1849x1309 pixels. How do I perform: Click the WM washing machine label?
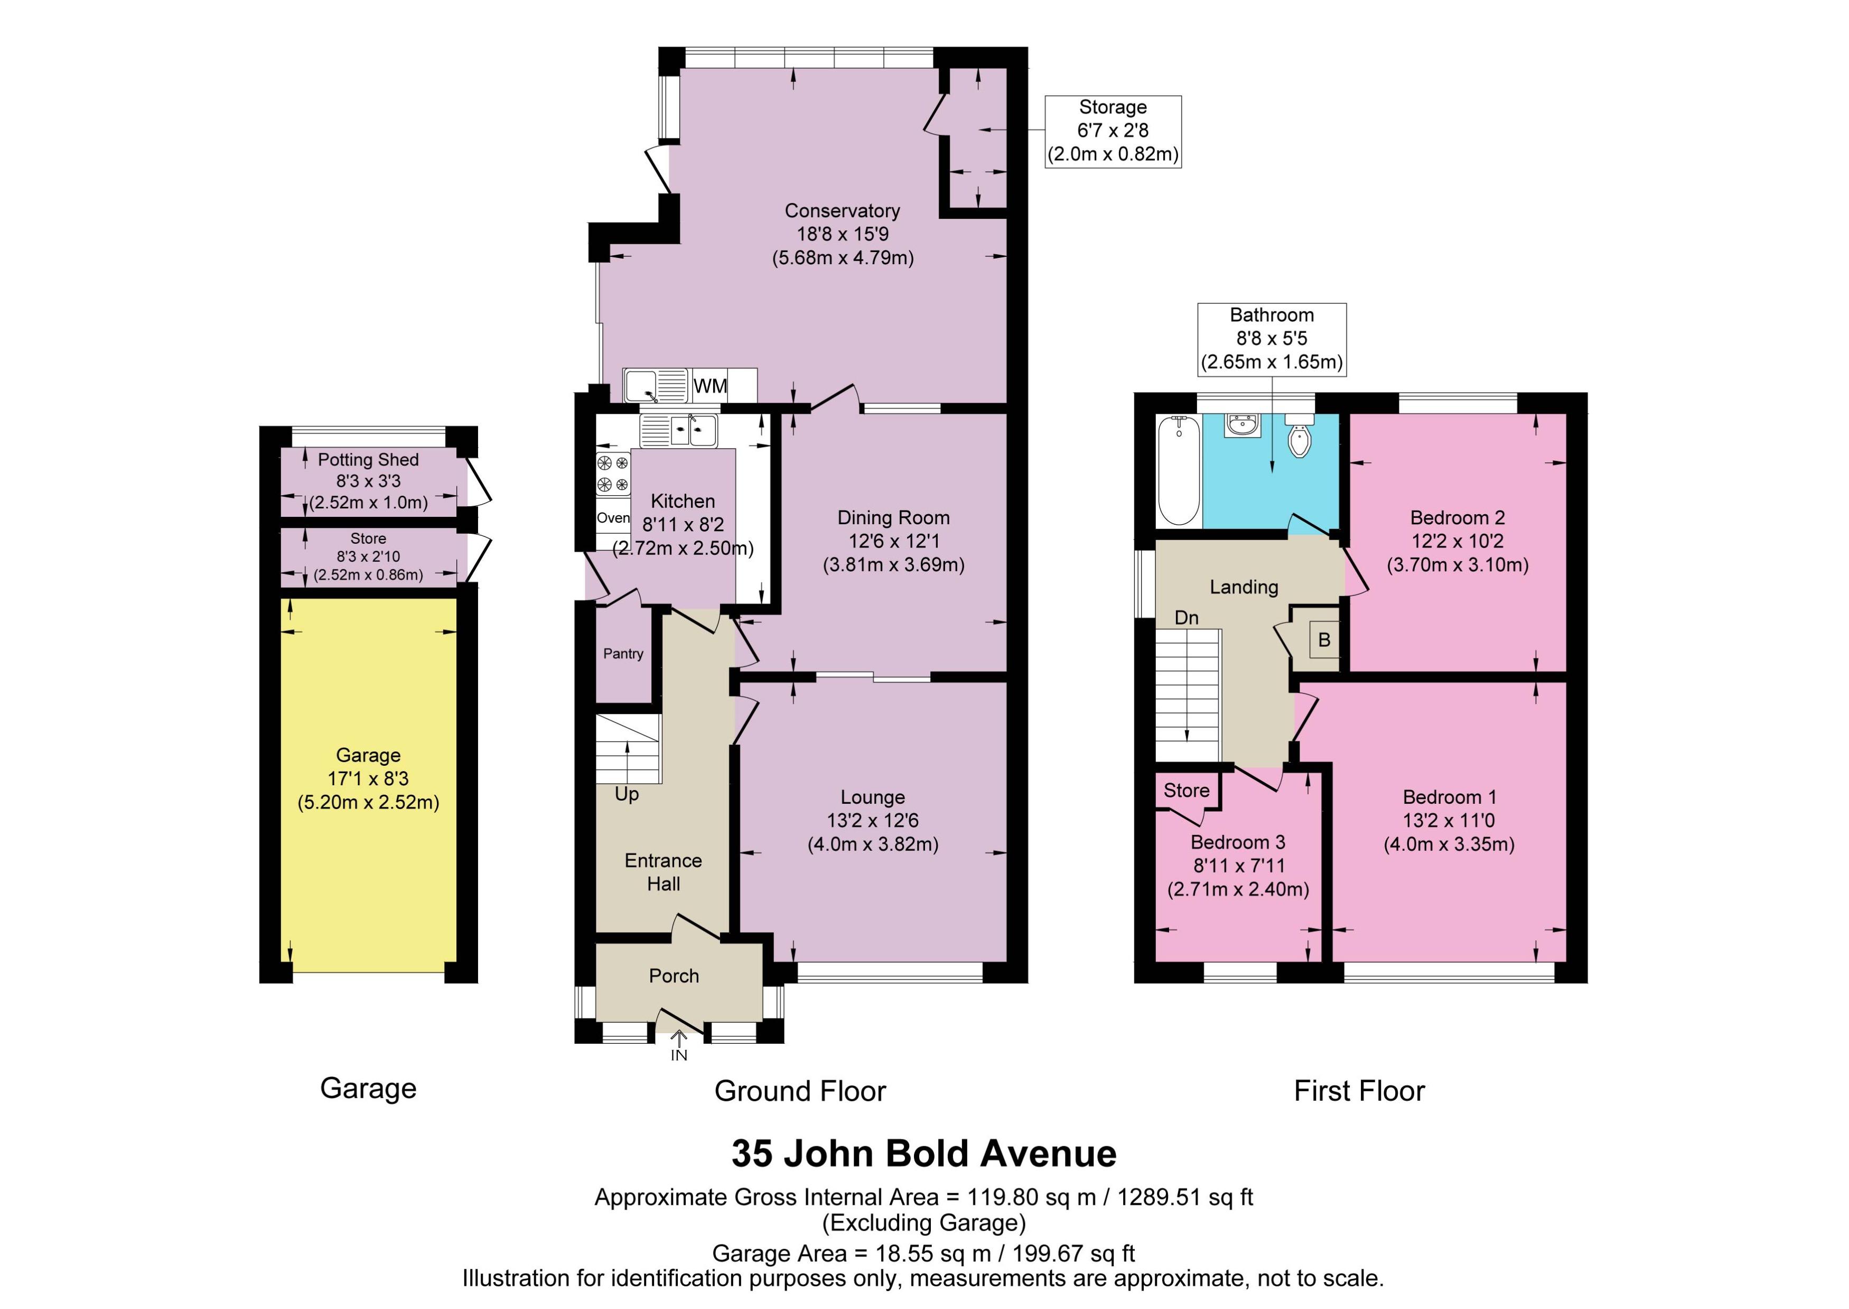point(710,386)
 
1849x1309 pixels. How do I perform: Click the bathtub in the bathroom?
point(1178,471)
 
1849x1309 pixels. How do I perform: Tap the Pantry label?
point(623,654)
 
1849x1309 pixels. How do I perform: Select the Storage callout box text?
point(1113,131)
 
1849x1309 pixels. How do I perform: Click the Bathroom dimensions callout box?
point(1272,339)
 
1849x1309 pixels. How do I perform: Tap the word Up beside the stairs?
point(627,794)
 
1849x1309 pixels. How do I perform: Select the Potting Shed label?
point(368,459)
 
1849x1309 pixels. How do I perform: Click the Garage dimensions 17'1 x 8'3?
point(368,778)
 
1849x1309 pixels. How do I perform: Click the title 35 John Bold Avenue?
point(923,1154)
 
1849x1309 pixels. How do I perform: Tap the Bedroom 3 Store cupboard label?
point(1186,791)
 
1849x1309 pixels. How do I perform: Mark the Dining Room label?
point(893,517)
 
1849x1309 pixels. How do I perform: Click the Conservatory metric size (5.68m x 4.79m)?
point(843,258)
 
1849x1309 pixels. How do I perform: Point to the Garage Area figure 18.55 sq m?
point(923,1254)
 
